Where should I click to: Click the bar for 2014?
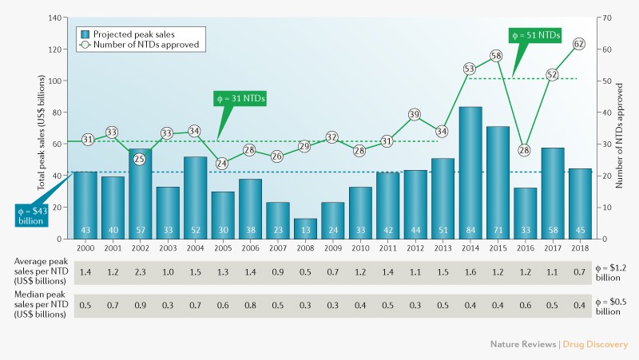pyautogui.click(x=470, y=172)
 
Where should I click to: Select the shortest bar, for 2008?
pyautogui.click(x=306, y=227)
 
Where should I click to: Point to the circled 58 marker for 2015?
pyautogui.click(x=497, y=56)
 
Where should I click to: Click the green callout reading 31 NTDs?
pyautogui.click(x=240, y=99)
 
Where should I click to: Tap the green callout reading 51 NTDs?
pyautogui.click(x=535, y=36)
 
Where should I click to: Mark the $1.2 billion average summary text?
pyautogui.click(x=613, y=272)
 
